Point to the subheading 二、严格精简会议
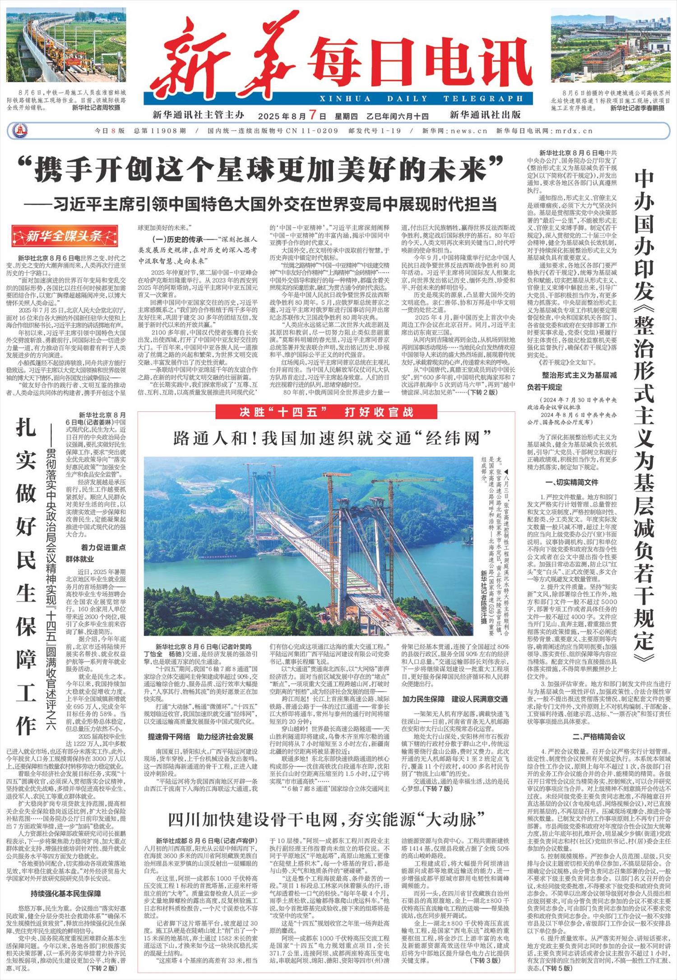pos(598,736)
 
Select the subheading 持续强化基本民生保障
pos(66,893)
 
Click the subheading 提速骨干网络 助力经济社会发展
pos(201,736)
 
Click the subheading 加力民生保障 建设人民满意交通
pos(455,699)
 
